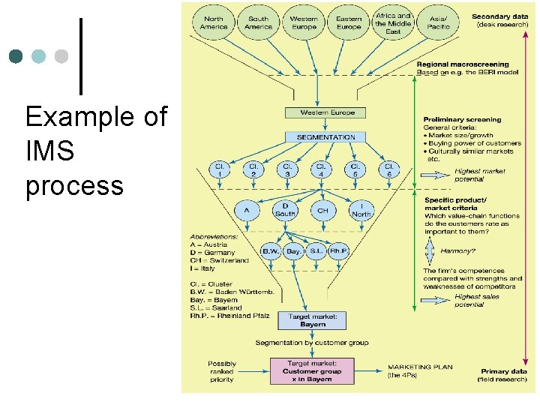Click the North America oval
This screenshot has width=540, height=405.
click(x=214, y=22)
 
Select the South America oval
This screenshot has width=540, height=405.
click(x=259, y=22)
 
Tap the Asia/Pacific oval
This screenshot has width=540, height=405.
click(x=439, y=22)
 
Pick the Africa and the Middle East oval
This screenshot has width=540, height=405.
click(x=393, y=22)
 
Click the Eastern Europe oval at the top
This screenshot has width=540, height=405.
click(x=349, y=22)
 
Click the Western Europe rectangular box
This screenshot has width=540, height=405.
click(x=322, y=113)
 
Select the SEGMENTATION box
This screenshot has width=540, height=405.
click(x=325, y=137)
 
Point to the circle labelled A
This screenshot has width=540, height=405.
click(x=246, y=211)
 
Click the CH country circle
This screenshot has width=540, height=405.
click(x=322, y=211)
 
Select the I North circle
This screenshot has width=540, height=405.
click(x=361, y=209)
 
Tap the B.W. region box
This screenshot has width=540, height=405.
click(x=269, y=251)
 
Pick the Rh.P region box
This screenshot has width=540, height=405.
click(x=338, y=251)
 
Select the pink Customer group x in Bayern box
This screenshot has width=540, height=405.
click(x=312, y=371)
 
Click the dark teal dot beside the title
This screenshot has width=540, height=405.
click(x=16, y=57)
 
